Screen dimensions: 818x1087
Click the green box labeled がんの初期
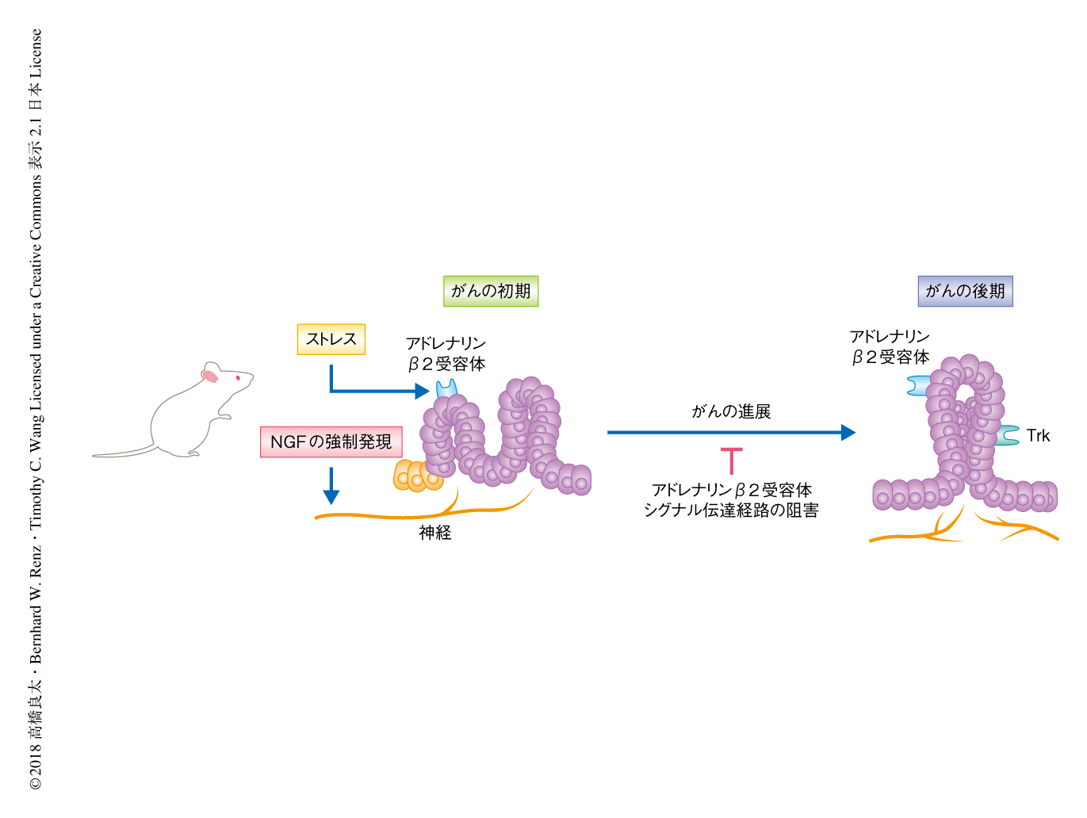(491, 291)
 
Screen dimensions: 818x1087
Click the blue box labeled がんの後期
(965, 291)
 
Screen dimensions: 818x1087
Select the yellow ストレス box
(331, 339)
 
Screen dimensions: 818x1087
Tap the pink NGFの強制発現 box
(331, 441)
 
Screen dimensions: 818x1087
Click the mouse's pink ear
(210, 375)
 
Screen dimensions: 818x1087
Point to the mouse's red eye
(237, 378)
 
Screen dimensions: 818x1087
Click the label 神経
(435, 533)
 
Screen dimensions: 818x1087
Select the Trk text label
(1038, 435)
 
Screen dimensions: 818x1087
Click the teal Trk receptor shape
(1009, 435)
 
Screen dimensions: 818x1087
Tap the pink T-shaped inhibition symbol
(731, 460)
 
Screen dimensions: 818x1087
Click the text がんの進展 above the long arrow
(731, 411)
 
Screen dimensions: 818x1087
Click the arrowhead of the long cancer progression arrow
(848, 432)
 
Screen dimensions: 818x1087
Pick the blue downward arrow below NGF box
(331, 487)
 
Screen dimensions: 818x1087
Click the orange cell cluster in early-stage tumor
(415, 476)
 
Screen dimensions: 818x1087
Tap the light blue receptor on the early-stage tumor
(447, 389)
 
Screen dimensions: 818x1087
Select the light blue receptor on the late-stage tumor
(919, 386)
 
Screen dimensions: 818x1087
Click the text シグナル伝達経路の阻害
(731, 510)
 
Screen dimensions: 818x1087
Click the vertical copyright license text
(36, 409)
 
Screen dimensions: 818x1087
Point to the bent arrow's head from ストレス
(422, 391)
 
